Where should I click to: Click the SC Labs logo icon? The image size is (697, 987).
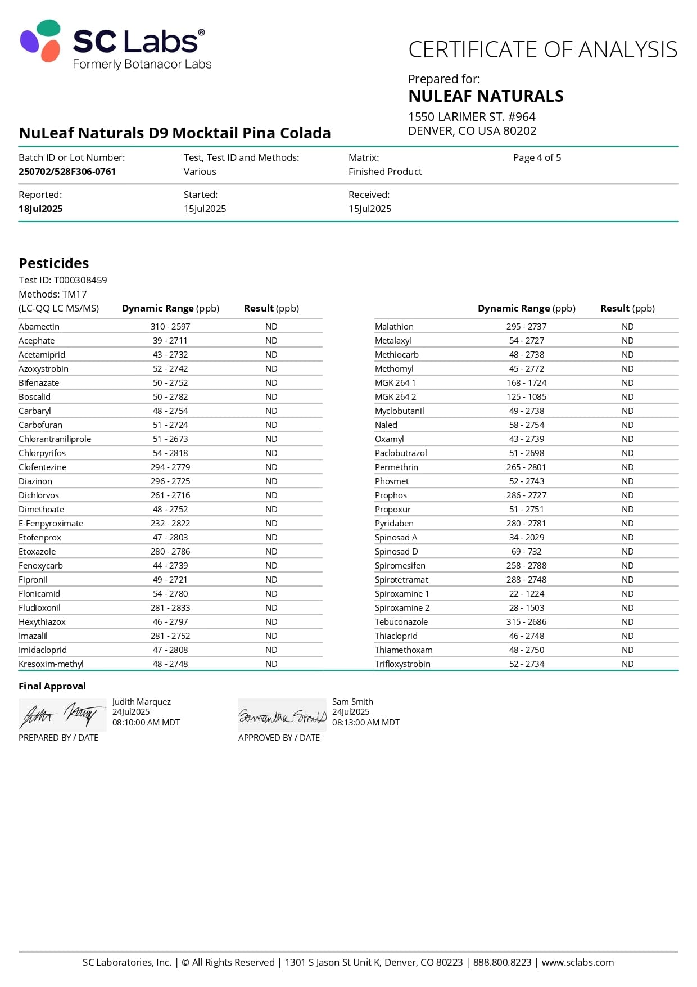[x=40, y=40]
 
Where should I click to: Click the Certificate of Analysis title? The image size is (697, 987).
[x=542, y=49]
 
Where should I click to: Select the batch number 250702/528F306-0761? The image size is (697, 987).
[x=67, y=172]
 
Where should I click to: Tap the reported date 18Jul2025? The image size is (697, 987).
[x=40, y=209]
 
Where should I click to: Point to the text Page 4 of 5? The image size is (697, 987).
[x=537, y=157]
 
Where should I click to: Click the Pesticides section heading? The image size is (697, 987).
[x=54, y=263]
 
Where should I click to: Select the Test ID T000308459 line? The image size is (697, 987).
[x=62, y=280]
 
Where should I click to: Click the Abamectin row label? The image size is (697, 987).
[x=39, y=326]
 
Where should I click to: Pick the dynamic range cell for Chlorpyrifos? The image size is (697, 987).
[x=170, y=453]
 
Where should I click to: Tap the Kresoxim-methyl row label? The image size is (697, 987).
[x=51, y=664]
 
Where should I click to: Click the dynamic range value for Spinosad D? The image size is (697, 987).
[x=527, y=551]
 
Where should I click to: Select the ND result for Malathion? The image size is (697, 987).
[x=627, y=326]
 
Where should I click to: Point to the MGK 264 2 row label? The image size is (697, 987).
[x=396, y=396]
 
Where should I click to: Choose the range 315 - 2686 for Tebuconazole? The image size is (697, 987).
[x=526, y=621]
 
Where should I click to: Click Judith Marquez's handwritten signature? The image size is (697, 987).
[x=62, y=715]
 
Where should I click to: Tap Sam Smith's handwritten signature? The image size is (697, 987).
[x=282, y=716]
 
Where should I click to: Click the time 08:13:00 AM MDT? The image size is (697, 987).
[x=365, y=722]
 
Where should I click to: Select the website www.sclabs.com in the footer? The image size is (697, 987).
[x=577, y=962]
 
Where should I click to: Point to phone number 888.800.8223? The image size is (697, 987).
[x=502, y=962]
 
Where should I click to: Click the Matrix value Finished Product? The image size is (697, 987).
[x=385, y=172]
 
